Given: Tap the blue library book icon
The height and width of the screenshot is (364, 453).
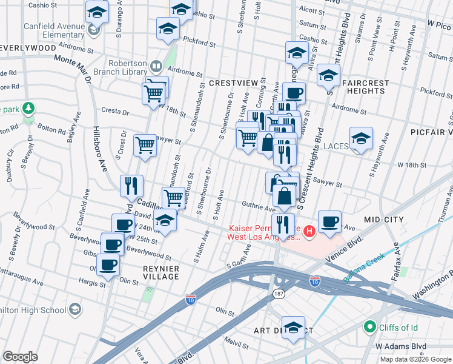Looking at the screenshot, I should (x=156, y=66).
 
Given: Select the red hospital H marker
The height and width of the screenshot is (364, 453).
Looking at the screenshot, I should (x=309, y=231).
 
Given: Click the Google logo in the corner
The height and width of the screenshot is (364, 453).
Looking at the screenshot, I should (x=20, y=357).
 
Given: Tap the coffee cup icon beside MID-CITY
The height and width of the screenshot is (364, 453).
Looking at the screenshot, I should (x=329, y=221).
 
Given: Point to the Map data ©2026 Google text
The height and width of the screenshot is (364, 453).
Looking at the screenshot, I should (x=415, y=359).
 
